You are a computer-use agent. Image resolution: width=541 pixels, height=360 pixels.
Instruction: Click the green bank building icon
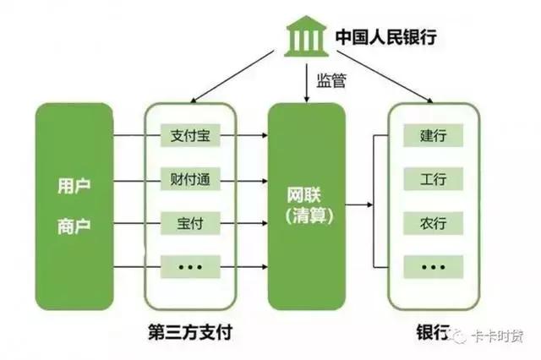point(306,36)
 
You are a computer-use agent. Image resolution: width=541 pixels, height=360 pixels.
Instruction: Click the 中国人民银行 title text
point(386,36)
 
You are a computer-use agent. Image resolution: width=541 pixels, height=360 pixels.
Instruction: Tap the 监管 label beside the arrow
point(331,80)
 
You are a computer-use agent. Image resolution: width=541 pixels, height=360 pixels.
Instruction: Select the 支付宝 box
point(190,135)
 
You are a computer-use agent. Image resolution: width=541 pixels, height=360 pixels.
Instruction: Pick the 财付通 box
point(190,179)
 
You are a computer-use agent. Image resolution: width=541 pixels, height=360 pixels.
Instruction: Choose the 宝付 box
point(190,223)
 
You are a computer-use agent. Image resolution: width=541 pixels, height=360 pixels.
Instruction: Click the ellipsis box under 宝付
point(190,266)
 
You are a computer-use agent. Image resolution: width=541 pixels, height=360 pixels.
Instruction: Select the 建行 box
point(433,135)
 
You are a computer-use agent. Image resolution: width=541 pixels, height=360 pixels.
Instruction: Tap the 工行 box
point(433,179)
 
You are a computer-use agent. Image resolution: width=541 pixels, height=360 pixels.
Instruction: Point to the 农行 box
point(433,223)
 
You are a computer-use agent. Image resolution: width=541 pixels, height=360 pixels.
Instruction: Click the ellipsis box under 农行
point(433,266)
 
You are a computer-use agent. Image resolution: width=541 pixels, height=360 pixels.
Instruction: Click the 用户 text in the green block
point(74,186)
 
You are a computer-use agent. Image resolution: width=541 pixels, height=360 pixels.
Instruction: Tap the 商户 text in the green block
point(74,226)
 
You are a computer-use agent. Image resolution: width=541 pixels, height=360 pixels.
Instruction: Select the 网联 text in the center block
point(304,195)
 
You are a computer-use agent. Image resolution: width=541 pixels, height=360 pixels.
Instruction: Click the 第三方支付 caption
point(190,332)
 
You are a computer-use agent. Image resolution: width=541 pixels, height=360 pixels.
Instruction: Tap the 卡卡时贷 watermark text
point(497,336)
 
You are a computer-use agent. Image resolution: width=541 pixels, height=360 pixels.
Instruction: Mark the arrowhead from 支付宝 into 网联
point(265,135)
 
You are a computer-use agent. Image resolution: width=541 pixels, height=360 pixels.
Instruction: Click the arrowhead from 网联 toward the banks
point(370,205)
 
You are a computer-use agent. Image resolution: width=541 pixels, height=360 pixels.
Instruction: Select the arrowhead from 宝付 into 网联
point(265,223)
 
